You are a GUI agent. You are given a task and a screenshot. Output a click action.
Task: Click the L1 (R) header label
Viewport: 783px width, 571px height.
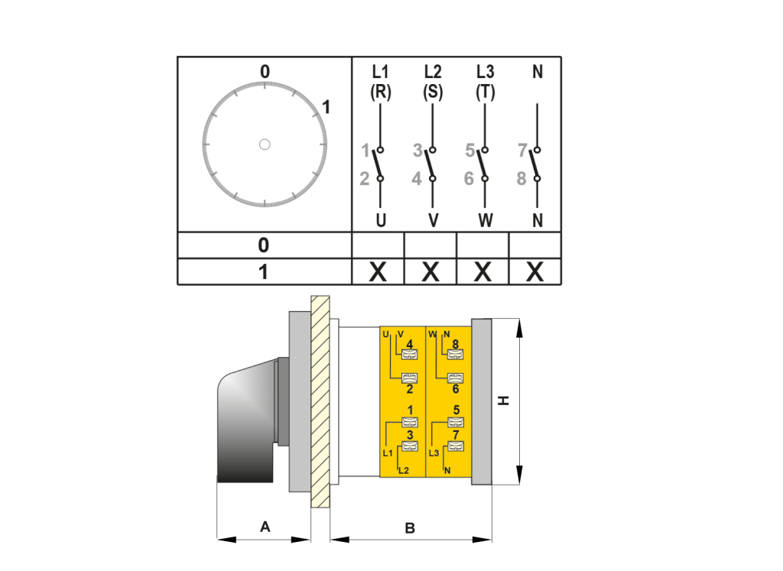pyautogui.click(x=380, y=82)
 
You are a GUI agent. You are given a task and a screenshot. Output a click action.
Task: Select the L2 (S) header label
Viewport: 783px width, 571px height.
pyautogui.click(x=433, y=82)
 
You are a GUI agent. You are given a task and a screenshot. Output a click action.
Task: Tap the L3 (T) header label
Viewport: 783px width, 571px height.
pyautogui.click(x=485, y=82)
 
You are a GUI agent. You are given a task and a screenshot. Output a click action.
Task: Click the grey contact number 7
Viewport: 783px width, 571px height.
pyautogui.click(x=521, y=151)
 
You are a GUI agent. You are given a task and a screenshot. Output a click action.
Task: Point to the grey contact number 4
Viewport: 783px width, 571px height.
pyautogui.click(x=417, y=179)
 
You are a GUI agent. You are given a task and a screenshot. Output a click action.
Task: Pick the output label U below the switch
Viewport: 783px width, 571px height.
pyautogui.click(x=381, y=221)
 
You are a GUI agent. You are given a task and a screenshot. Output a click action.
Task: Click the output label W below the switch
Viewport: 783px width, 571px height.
pyautogui.click(x=486, y=221)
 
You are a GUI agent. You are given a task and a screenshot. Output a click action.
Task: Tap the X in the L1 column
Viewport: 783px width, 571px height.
pyautogui.click(x=378, y=271)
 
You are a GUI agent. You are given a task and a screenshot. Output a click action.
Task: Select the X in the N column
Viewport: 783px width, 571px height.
pyautogui.click(x=534, y=271)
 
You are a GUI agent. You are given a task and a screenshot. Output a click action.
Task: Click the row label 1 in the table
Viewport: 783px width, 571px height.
pyautogui.click(x=263, y=272)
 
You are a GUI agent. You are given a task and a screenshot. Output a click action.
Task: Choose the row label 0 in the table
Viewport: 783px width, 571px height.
pyautogui.click(x=263, y=245)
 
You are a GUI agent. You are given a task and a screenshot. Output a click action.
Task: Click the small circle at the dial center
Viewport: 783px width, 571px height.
pyautogui.click(x=265, y=144)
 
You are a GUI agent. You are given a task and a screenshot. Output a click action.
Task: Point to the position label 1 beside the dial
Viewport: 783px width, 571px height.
pyautogui.click(x=326, y=108)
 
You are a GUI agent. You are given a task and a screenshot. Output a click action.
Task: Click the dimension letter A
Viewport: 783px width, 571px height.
pyautogui.click(x=265, y=526)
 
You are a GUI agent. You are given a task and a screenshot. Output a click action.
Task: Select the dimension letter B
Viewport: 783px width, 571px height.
pyautogui.click(x=410, y=527)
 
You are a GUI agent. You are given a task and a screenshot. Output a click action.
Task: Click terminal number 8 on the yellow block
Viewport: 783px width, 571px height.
pyautogui.click(x=456, y=345)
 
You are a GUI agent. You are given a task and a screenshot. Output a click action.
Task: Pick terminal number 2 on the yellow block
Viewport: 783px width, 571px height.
pyautogui.click(x=410, y=388)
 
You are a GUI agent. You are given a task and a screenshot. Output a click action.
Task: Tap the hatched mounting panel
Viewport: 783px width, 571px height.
pyautogui.click(x=320, y=401)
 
